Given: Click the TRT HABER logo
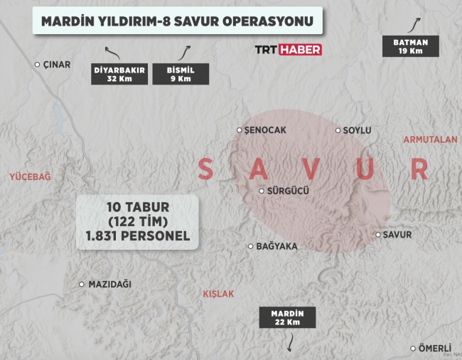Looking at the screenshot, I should pos(288,50).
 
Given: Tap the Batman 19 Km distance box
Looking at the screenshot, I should pos(410,46).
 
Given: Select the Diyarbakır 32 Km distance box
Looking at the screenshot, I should pos(119,74).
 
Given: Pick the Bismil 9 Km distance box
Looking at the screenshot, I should pos(181,74).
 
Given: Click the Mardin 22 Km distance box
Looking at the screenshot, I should pos(287,317).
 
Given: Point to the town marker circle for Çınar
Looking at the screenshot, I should pos(38,64).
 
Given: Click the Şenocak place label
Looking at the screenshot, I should pos(264,130).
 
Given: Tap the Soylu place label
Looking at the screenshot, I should pos(357,130).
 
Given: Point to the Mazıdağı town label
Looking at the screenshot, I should pos(109,284).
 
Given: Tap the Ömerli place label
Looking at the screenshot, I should pos(434,348).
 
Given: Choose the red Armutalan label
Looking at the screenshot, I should pos(430,139).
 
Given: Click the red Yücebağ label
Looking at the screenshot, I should pos(30,176).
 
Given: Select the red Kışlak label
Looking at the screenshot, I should pos(217,293).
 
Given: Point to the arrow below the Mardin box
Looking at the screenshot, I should pos(289,344).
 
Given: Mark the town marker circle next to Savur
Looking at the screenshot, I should pos(377,234).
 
